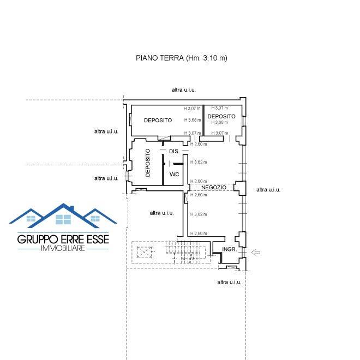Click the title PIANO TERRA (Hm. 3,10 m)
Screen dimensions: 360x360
(x=182, y=58)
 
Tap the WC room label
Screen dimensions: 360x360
(x=174, y=174)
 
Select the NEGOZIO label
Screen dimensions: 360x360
(x=214, y=187)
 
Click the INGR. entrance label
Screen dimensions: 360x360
(x=229, y=249)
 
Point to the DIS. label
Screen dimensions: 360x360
(x=174, y=151)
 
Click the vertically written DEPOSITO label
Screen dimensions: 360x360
(x=148, y=163)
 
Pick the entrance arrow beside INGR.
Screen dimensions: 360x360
(x=256, y=253)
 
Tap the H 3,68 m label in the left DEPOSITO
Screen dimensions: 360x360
(x=193, y=120)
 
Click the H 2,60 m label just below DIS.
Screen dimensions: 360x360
(x=199, y=144)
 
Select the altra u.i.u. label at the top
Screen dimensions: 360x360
(x=184, y=90)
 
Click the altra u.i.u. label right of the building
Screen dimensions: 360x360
(x=268, y=190)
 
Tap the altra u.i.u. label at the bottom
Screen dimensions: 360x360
(x=229, y=282)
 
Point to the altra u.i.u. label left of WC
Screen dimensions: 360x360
(x=106, y=178)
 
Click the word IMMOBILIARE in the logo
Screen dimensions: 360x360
(x=63, y=248)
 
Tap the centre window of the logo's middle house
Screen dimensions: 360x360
(x=63, y=219)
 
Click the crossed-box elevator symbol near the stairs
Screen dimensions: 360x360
(x=145, y=252)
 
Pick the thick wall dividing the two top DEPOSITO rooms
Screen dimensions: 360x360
(x=203, y=121)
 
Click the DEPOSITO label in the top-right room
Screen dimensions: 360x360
(x=221, y=116)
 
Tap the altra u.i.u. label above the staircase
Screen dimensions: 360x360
(x=161, y=213)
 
